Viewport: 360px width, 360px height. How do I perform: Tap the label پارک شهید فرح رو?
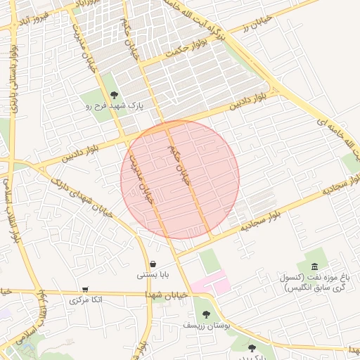[115, 107]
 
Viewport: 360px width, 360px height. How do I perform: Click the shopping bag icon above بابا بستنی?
[153, 264]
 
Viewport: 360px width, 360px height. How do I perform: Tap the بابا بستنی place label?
[153, 275]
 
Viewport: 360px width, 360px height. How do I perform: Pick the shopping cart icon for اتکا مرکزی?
[85, 289]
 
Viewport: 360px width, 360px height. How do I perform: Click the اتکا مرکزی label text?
[86, 300]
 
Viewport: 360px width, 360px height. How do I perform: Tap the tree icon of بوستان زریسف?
[206, 315]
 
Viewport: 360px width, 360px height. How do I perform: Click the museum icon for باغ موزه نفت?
[314, 266]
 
